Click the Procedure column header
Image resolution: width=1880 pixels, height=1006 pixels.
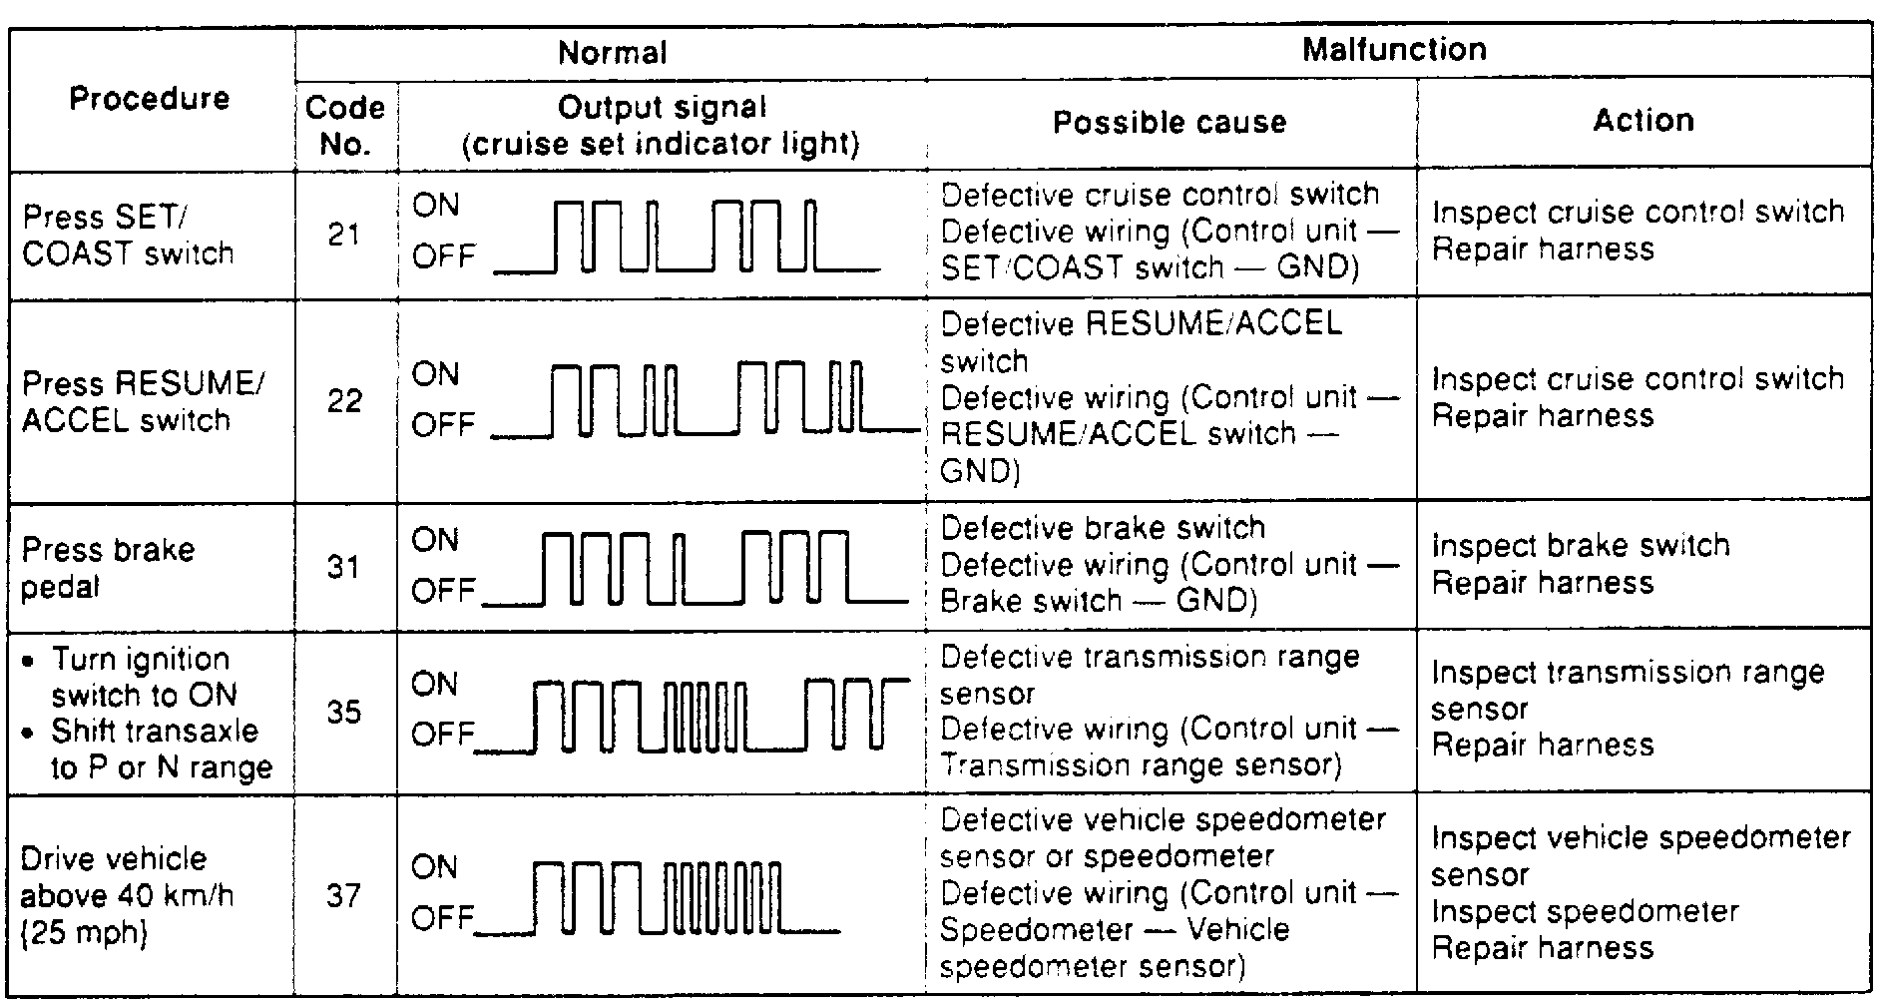150,98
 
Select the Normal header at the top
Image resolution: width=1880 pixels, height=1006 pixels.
612,52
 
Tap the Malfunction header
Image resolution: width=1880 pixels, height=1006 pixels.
1394,49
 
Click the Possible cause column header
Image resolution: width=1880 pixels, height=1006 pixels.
1170,122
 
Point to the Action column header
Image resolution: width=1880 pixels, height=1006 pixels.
1643,120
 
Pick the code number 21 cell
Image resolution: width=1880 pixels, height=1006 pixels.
344,235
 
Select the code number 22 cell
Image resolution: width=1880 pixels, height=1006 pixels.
344,400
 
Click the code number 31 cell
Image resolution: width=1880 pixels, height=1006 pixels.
344,567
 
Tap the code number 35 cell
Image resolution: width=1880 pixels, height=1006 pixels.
344,712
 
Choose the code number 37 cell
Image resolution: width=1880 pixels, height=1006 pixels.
344,895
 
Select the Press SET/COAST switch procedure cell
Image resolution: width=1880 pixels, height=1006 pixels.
127,235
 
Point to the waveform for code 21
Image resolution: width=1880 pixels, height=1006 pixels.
687,237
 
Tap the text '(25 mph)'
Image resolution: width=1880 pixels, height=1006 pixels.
84,933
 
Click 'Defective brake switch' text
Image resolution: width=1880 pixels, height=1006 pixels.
1103,528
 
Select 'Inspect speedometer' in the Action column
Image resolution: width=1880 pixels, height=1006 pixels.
1585,911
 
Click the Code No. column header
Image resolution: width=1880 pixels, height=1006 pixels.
344,125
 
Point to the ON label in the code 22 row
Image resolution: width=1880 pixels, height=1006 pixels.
435,374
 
